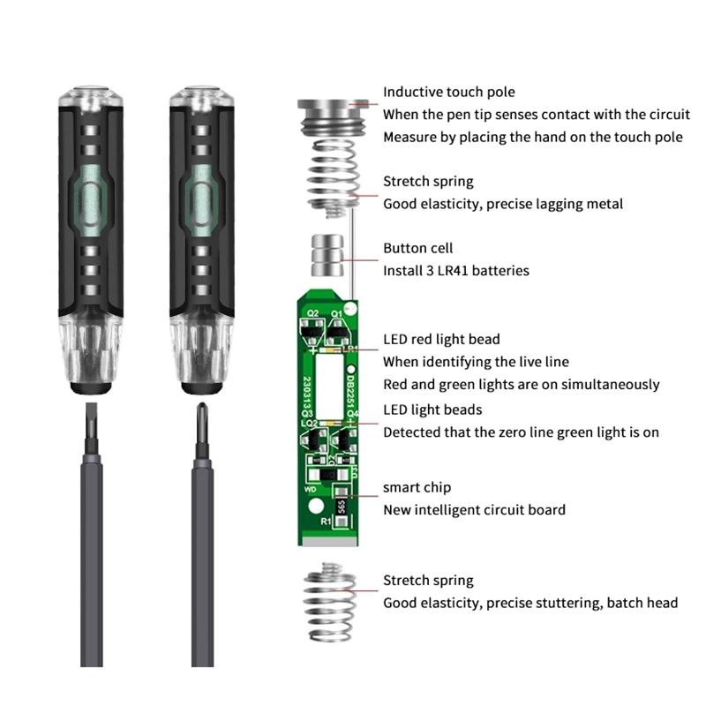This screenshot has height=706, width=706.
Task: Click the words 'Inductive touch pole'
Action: coord(448,92)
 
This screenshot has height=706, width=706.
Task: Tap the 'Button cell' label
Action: coord(417,248)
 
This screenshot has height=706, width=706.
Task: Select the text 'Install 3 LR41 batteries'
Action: coord(455,270)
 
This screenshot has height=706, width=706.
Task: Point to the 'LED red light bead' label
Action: coord(441,339)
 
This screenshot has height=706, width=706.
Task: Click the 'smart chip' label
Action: coord(417,487)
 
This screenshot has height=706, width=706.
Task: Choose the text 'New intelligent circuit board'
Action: coord(474,509)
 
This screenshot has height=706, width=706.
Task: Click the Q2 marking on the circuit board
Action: coord(312,312)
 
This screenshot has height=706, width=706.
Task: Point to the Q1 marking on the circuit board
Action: coord(336,312)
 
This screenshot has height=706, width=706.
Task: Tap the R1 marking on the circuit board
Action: coord(326,522)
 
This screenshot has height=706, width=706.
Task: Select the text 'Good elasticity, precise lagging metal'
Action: coord(502,204)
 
